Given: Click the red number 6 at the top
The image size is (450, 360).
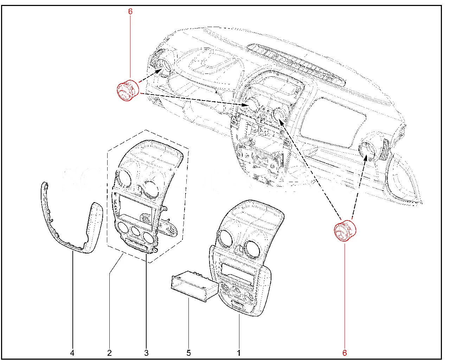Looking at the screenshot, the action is click(x=130, y=12).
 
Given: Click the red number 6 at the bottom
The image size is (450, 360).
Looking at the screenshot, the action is click(x=345, y=353).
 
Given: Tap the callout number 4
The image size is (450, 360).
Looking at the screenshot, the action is click(x=72, y=353).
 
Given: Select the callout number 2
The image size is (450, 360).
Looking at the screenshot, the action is click(x=109, y=353).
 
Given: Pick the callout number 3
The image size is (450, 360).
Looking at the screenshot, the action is click(x=146, y=353).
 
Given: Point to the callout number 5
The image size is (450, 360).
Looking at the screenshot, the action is click(x=189, y=353).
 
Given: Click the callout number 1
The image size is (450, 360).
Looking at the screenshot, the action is click(x=239, y=353).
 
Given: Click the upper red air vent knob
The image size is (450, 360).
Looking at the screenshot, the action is click(x=128, y=90).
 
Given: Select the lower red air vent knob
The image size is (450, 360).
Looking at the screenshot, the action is click(x=345, y=231).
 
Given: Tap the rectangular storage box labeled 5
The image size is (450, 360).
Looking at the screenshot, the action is click(x=195, y=286).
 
